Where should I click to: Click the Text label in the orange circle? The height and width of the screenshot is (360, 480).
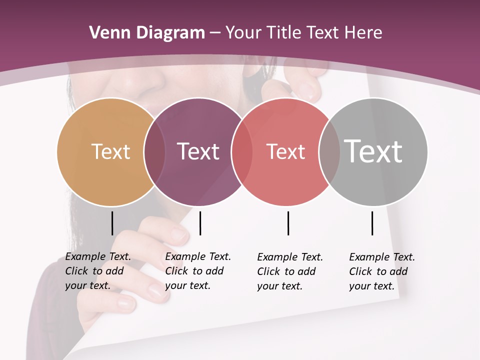[x=110, y=151]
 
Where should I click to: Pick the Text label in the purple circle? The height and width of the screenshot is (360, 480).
[x=198, y=151]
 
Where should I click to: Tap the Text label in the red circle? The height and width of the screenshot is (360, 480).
[x=285, y=151]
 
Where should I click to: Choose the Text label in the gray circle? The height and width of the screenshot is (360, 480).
[x=373, y=151]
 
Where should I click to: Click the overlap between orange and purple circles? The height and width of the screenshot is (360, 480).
[x=154, y=152]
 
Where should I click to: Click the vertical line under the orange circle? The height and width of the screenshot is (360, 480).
[x=112, y=223]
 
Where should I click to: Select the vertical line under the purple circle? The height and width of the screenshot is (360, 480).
[x=200, y=223]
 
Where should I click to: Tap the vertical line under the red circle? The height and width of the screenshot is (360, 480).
[x=288, y=223]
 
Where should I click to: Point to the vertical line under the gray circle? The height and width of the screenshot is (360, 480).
[x=372, y=223]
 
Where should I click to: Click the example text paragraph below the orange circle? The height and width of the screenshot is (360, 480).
[x=97, y=271]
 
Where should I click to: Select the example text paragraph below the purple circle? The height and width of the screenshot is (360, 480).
[x=197, y=271]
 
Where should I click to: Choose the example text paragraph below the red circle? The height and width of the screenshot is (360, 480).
[x=289, y=271]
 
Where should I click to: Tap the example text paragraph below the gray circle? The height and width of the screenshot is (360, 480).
[x=381, y=271]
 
